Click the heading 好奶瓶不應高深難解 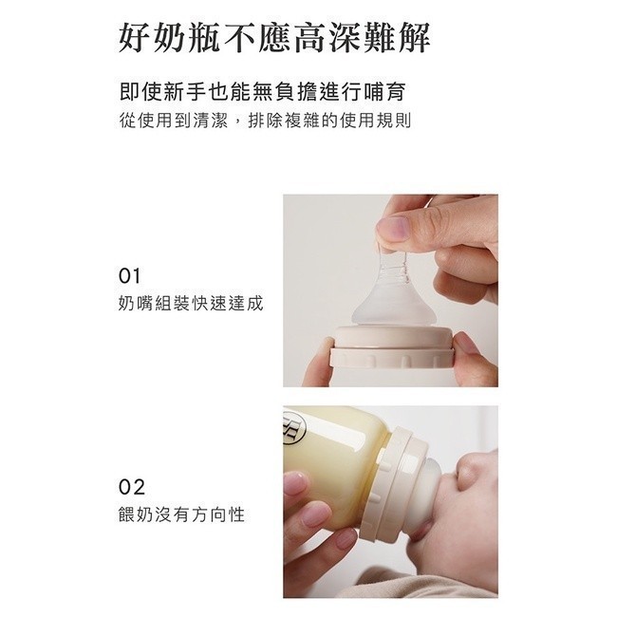[x=274, y=39]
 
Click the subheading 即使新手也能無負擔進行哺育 [x=262, y=92]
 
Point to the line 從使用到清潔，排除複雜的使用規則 [x=265, y=121]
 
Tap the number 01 [x=129, y=276]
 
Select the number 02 [x=131, y=487]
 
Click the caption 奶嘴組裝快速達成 [x=191, y=304]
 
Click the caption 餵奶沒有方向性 [x=181, y=514]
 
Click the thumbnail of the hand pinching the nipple [x=390, y=290]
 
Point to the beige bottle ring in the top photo [x=391, y=347]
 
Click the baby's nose [x=472, y=470]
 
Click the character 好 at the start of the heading [x=134, y=39]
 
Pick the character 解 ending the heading [x=415, y=39]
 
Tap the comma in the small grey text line [x=237, y=123]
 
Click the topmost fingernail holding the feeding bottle [x=294, y=482]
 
